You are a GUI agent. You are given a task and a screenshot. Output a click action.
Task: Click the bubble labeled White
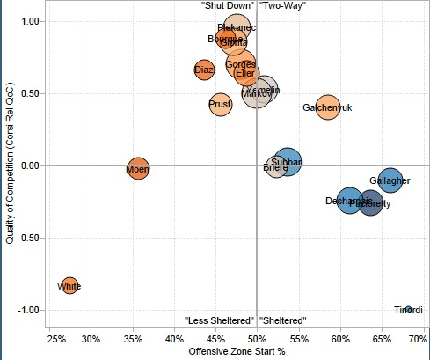(69, 285)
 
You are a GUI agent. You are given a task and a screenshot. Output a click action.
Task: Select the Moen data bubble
(138, 169)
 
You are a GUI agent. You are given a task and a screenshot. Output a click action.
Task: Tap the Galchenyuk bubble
(328, 107)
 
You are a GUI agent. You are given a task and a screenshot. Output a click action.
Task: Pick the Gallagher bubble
(390, 180)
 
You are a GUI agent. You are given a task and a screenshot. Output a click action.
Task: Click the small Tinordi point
(408, 309)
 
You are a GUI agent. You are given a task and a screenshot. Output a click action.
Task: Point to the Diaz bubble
(204, 70)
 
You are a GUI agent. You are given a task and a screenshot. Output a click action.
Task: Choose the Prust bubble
(220, 104)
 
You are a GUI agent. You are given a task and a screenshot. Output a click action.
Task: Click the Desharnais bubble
(349, 201)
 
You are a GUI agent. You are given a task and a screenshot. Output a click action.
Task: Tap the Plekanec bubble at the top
(237, 29)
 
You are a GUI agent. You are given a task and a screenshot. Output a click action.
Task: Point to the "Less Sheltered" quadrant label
(219, 320)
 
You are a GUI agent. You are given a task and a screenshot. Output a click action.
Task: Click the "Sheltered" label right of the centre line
(283, 320)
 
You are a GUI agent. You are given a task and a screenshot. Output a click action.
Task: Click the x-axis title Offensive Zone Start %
(237, 352)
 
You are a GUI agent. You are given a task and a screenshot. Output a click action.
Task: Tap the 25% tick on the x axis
(55, 339)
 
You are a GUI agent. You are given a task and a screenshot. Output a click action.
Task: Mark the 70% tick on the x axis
(418, 339)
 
